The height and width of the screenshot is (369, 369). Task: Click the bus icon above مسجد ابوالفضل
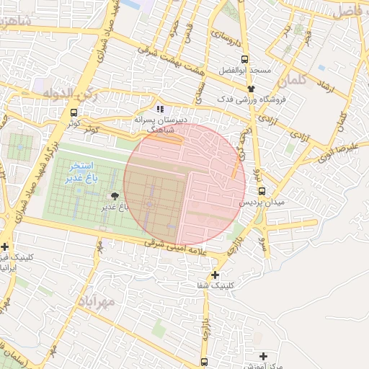click(x=245, y=59)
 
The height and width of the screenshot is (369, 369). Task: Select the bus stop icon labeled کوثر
click(x=74, y=112)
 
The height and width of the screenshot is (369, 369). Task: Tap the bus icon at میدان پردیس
click(x=262, y=192)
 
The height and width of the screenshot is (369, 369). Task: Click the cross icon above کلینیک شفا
click(x=215, y=275)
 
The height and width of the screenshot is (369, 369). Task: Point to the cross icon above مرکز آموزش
click(x=263, y=356)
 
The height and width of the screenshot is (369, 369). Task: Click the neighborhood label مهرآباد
click(x=94, y=302)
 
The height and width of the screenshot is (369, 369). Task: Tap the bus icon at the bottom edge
click(x=205, y=361)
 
